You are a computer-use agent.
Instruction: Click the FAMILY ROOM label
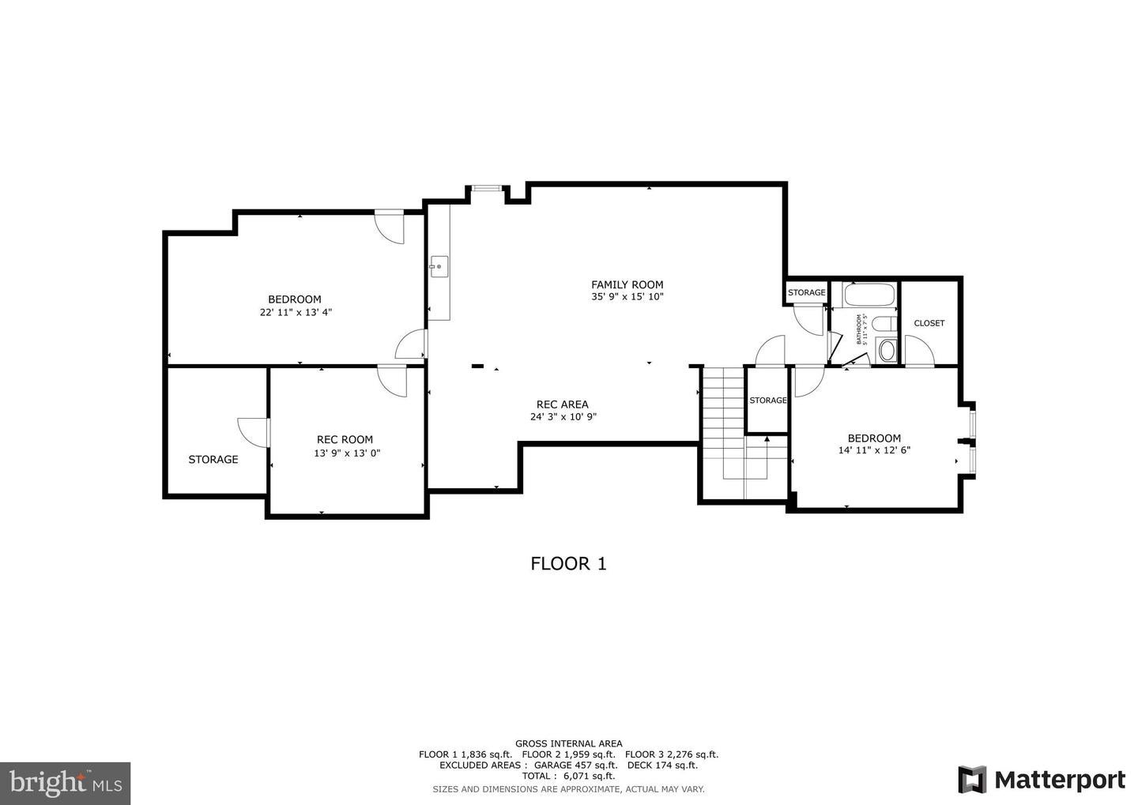pos(627,284)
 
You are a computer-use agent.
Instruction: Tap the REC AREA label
pos(562,404)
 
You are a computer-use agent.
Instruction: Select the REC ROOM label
pos(345,440)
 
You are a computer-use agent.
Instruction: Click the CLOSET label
pos(929,323)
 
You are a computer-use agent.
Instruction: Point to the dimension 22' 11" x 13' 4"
pos(296,312)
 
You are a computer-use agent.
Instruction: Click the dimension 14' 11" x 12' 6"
pos(874,450)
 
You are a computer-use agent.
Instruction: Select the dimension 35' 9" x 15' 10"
pos(627,297)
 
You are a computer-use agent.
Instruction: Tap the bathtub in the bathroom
pos(869,296)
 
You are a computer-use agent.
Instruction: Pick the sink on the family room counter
pos(439,266)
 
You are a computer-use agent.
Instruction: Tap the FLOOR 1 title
pos(568,563)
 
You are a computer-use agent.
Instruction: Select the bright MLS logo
pos(65,783)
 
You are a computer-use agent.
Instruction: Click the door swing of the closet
pos(917,351)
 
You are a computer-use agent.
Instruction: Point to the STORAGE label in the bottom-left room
pos(213,459)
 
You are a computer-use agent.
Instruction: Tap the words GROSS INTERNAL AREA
pos(568,743)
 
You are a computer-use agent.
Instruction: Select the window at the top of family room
pos(486,188)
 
